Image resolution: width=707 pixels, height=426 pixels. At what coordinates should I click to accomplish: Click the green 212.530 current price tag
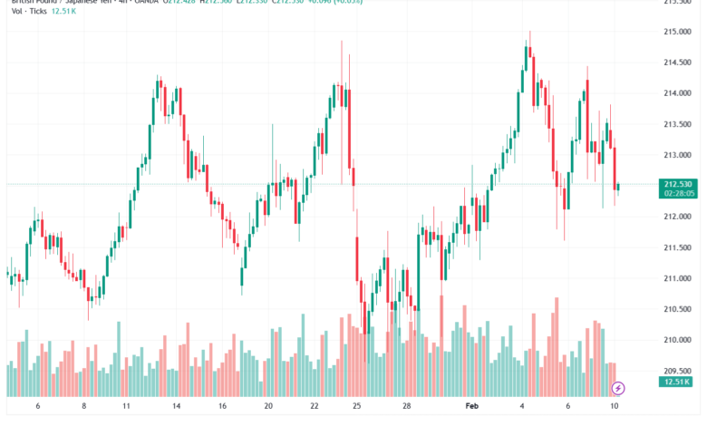(678, 185)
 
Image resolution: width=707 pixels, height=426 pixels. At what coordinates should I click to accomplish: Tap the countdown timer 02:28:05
(678, 193)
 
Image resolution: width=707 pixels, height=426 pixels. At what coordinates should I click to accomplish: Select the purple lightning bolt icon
(619, 388)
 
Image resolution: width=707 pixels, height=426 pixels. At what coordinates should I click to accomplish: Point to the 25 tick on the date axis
(357, 408)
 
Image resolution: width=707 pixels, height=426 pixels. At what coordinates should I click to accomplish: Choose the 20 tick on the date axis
(268, 408)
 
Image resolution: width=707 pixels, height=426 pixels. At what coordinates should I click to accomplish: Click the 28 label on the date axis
(408, 408)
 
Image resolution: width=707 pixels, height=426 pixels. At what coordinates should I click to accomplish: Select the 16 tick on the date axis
(222, 408)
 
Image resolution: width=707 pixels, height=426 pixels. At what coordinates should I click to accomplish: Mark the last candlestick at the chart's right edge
(618, 187)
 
